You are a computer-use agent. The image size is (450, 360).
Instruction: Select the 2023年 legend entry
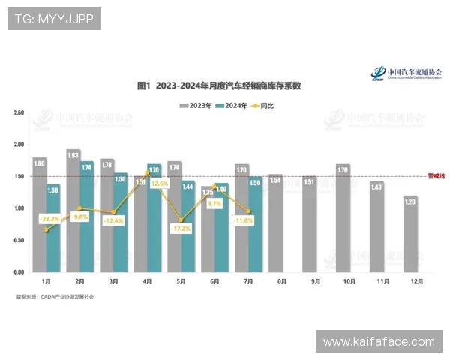196,106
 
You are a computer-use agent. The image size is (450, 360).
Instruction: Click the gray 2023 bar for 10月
343,217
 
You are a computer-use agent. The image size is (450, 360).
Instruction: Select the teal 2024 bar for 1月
53,228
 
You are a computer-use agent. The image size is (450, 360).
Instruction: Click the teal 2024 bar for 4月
154,217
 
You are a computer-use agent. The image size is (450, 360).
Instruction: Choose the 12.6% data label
159,183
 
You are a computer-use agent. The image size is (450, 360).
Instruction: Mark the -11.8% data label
244,220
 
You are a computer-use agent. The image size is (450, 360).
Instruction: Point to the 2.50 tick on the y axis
19,112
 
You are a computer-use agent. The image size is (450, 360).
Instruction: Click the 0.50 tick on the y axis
19,240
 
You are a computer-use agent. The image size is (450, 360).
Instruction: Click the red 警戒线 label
436,176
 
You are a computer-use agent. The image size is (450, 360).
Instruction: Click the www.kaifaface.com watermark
379,342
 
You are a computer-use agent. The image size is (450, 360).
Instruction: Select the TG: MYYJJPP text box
54,18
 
